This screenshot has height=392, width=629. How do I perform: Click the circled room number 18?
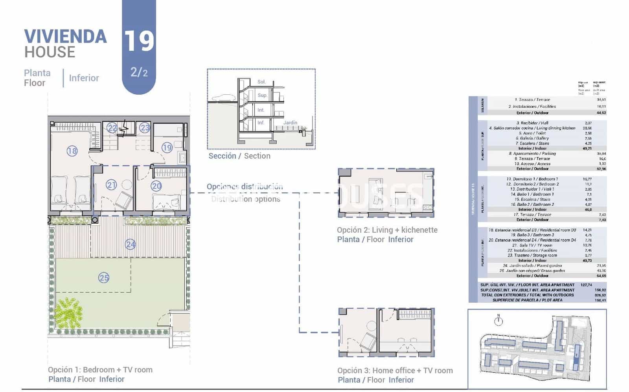coord(72,151)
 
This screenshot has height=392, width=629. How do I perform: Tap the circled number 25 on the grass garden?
coord(104,278)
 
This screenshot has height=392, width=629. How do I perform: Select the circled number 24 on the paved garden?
coord(131,245)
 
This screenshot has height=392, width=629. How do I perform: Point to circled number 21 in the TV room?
coord(111,185)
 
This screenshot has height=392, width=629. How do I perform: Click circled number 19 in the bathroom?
coord(167,147)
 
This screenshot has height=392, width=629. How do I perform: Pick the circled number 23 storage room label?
coord(145,127)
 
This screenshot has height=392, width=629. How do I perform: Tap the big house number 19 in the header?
coord(139,41)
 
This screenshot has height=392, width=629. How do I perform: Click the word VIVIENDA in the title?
coord(65,37)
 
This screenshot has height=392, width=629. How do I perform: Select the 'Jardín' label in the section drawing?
coord(290,123)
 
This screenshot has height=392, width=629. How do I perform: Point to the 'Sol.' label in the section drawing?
coord(261,82)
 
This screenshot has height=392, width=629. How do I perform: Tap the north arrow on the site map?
coord(498,320)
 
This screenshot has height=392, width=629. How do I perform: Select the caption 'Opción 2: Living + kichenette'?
coord(387,230)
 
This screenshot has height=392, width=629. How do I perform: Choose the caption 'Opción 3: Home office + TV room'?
coord(395,370)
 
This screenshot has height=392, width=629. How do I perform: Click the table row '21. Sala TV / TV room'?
coord(532,245)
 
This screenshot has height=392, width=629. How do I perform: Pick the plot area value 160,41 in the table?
coord(600,300)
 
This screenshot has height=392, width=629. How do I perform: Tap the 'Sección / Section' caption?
coord(239,156)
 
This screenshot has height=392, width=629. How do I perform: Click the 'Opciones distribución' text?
coord(245,186)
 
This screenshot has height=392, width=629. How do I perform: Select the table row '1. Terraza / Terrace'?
coord(532,99)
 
